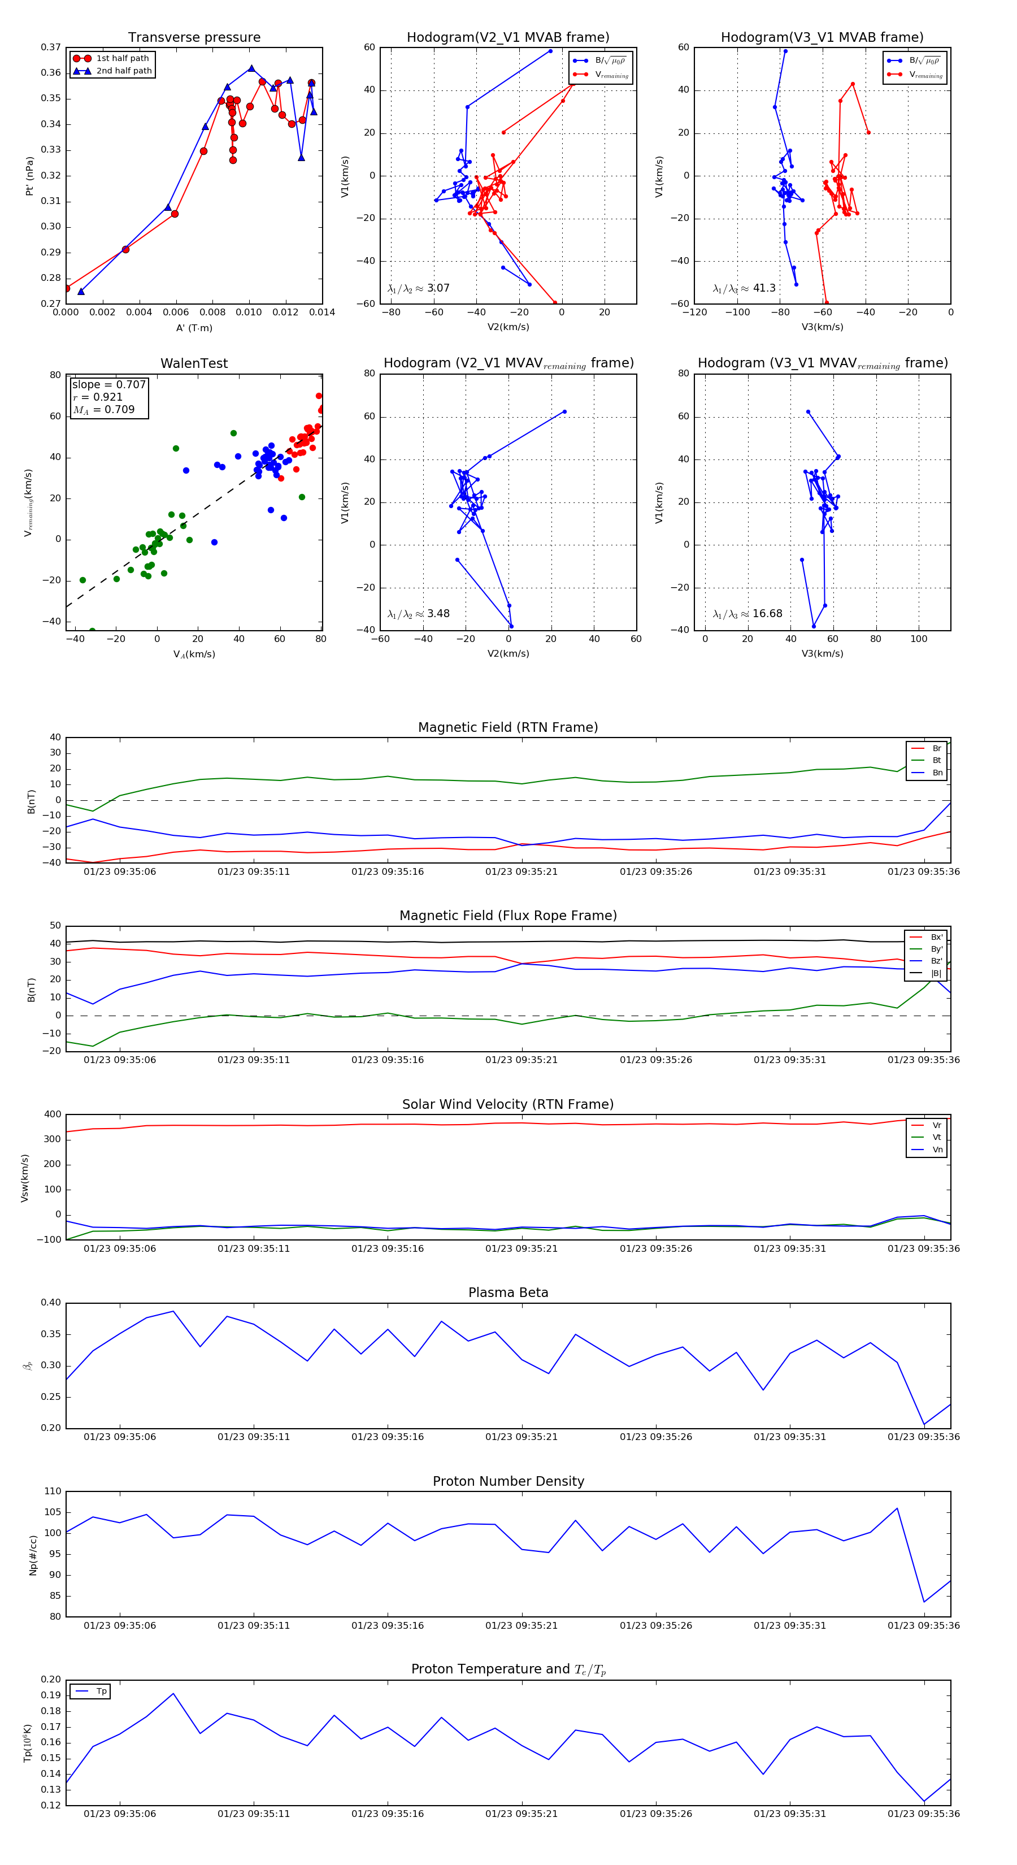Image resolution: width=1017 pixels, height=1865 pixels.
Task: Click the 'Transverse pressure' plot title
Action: [x=194, y=38]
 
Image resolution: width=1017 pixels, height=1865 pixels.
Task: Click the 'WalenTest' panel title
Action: [x=194, y=363]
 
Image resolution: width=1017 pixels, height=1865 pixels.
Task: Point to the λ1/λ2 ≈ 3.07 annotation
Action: [x=418, y=288]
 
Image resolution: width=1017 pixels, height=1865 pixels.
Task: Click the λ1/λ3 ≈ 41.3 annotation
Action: [x=744, y=288]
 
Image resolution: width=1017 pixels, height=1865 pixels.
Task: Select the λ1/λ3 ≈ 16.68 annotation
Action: [x=747, y=614]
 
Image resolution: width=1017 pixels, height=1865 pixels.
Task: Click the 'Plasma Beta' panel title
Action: [x=508, y=1293]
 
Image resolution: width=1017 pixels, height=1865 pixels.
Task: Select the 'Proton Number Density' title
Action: [x=508, y=1481]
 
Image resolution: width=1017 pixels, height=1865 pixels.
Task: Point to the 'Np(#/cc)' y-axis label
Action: [x=33, y=1555]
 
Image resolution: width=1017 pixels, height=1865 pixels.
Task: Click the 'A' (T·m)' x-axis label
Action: [x=194, y=328]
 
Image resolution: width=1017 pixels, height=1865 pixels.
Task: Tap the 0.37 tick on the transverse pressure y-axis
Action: [x=51, y=48]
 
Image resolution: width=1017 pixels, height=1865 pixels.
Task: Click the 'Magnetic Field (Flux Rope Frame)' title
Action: [x=508, y=916]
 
